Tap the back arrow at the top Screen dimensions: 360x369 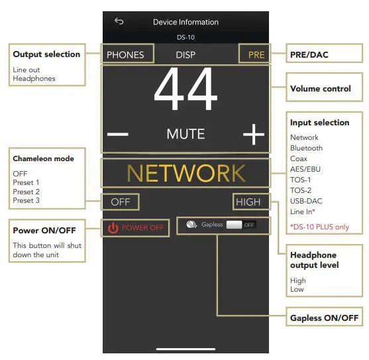tap(119, 21)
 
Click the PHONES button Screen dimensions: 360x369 tap(127, 54)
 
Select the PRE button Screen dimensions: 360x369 tap(256, 55)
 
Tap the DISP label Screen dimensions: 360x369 tap(186, 54)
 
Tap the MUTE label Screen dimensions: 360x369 tap(185, 134)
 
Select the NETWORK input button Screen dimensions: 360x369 tap(185, 173)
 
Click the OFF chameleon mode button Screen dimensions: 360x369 tap(121, 202)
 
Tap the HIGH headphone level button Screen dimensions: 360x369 tap(248, 202)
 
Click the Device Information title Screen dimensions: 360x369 tap(185, 22)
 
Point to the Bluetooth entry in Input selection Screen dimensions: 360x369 tap(306, 148)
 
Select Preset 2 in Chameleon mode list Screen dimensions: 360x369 tap(26, 192)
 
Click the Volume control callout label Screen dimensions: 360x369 tap(320, 89)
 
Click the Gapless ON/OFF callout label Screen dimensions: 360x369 tap(324, 318)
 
